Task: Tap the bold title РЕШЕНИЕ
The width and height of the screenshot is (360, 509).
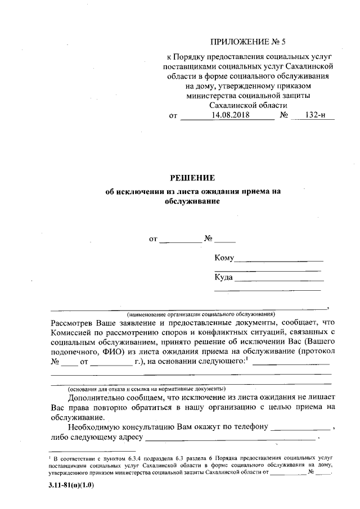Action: point(193,179)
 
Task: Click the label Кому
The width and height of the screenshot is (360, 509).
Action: point(223,258)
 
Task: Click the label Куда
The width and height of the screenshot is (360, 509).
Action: point(223,277)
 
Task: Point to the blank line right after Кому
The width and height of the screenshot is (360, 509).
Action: point(278,260)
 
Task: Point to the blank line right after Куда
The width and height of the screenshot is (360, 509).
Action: point(279,280)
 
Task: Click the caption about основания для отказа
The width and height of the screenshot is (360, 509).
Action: point(147,389)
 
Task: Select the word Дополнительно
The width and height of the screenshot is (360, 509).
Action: point(99,398)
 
